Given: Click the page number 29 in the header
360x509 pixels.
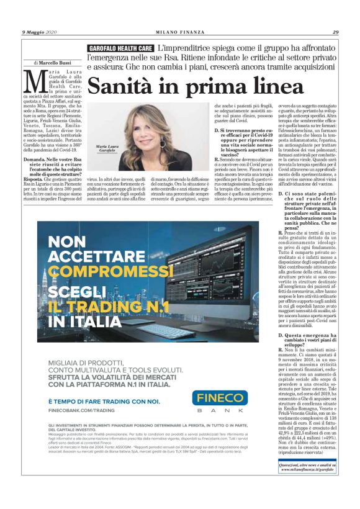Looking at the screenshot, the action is (x=335, y=32).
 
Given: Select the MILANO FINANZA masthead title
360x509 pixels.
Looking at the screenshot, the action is (x=179, y=32).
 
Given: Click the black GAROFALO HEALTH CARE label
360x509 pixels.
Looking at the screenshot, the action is (x=120, y=48).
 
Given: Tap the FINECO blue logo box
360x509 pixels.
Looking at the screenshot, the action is (x=219, y=399).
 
